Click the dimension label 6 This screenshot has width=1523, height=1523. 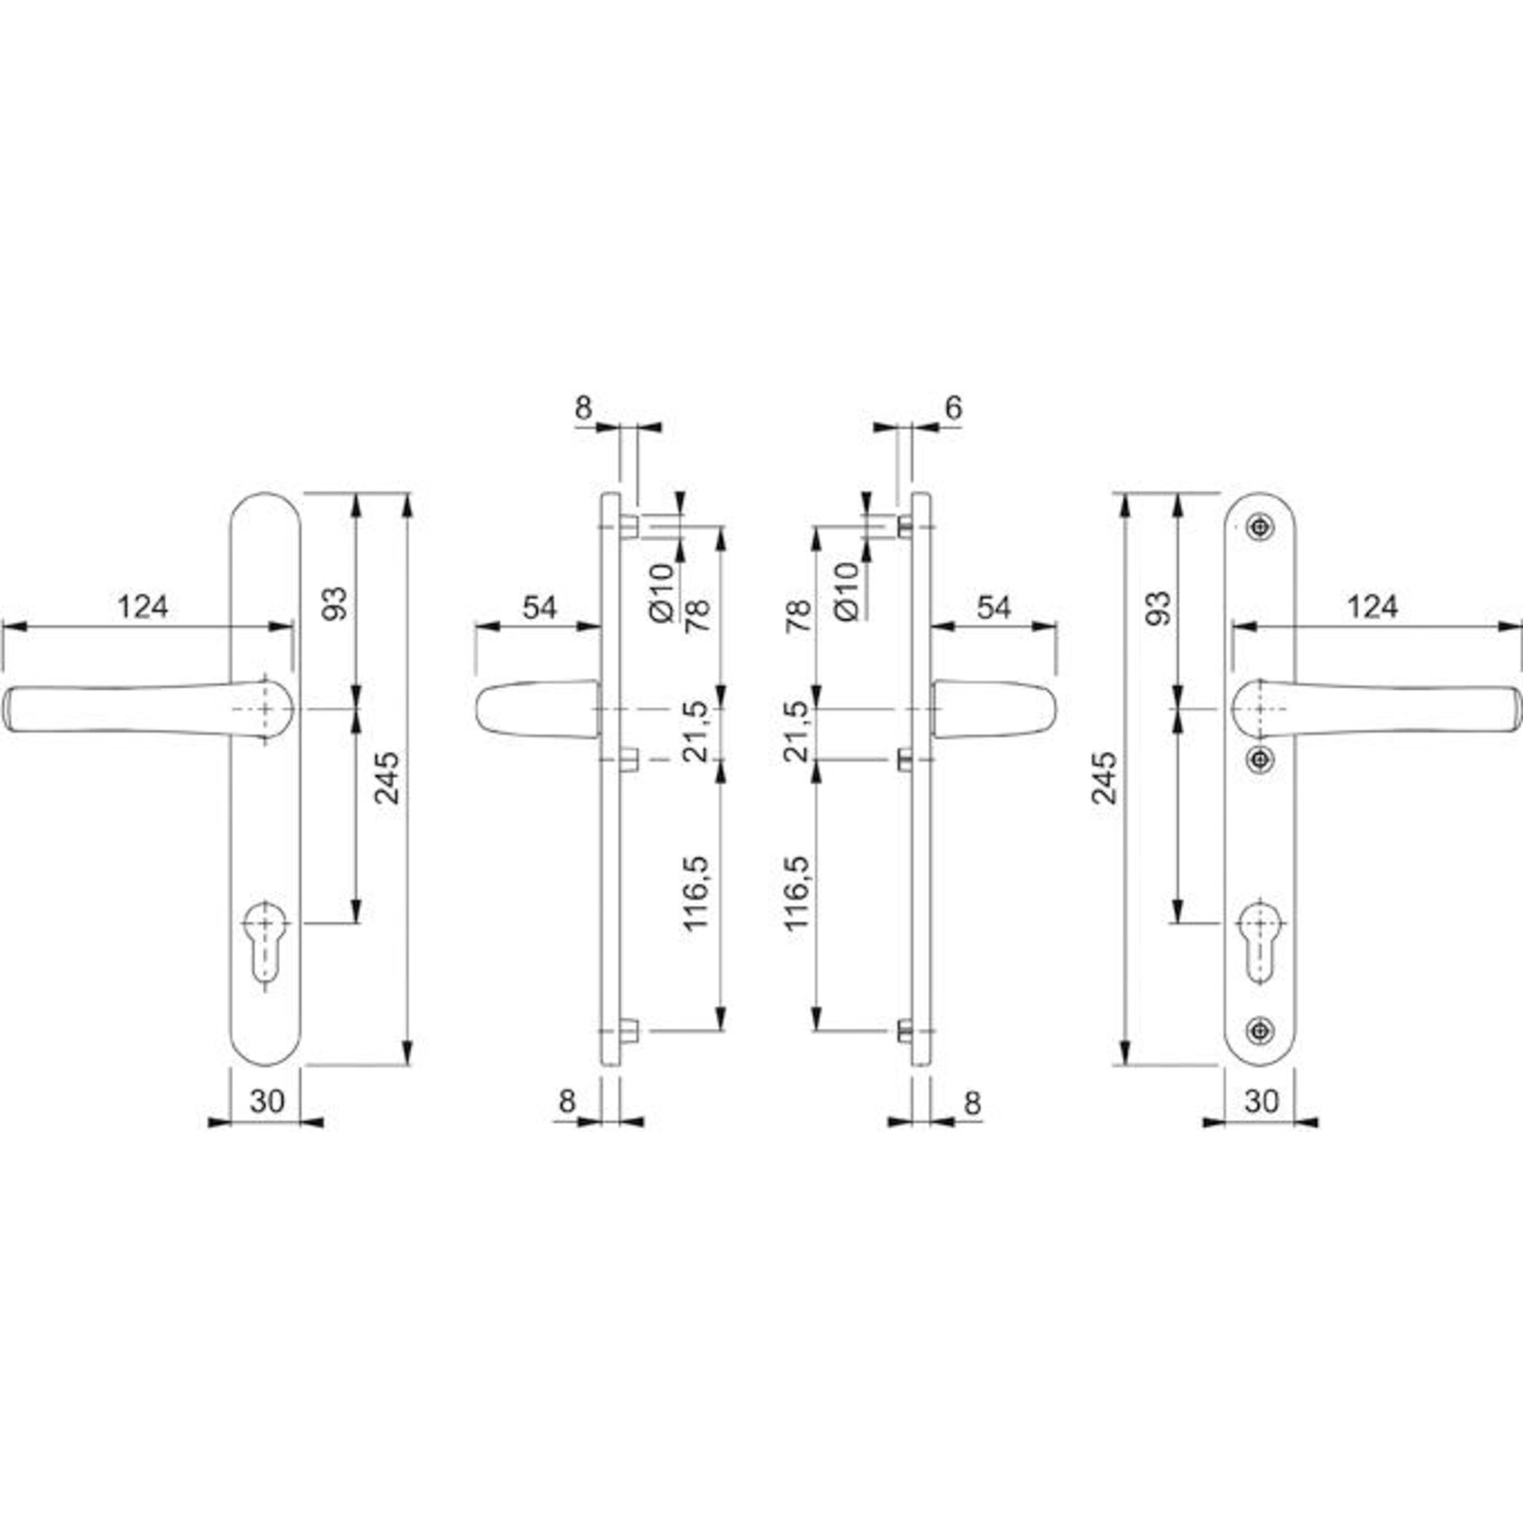(x=953, y=408)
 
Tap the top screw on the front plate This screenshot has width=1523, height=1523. (x=1260, y=527)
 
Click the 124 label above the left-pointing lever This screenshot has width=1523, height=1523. (x=144, y=608)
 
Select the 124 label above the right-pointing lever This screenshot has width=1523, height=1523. (x=1372, y=608)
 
